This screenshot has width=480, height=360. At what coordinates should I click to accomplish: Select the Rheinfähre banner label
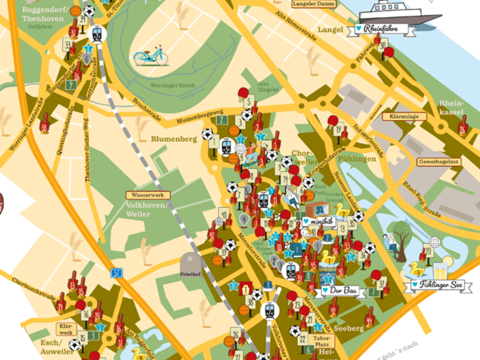(x=381, y=30)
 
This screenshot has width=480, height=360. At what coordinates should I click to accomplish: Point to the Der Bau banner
(x=341, y=291)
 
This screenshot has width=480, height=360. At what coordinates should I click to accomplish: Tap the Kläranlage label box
(x=405, y=116)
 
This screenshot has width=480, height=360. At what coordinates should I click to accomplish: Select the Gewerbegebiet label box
(x=439, y=162)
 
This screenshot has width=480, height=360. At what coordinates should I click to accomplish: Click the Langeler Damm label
(x=314, y=4)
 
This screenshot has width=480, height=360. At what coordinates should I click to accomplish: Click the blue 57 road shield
(x=116, y=273)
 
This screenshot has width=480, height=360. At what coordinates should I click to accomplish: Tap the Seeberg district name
(x=348, y=329)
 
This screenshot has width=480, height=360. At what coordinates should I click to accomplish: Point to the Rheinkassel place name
(x=451, y=108)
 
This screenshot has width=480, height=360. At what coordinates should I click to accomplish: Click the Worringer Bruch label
(x=172, y=86)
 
